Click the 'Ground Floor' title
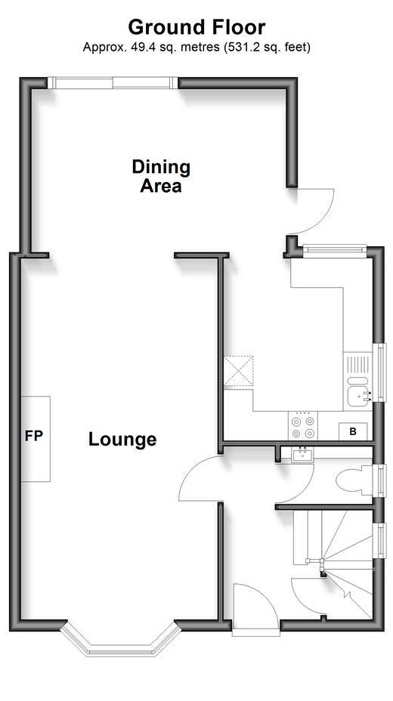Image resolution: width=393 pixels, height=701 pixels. point(196,28)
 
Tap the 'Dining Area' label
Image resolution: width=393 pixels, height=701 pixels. point(161,176)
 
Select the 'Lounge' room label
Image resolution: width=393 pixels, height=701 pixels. point(122,439)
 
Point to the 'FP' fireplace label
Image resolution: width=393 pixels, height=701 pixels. point(33,436)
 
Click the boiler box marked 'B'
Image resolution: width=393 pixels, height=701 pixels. point(353,431)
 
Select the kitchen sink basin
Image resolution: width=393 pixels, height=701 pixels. point(359,396)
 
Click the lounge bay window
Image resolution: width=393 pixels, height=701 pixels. point(121,639)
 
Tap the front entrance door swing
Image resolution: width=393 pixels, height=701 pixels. point(255,608)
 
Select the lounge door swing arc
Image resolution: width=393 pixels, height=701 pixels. point(200,478)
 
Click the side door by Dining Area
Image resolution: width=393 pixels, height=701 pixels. point(311,211)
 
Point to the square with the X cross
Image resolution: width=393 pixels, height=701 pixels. point(238,371)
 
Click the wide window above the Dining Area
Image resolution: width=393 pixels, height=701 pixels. point(113,82)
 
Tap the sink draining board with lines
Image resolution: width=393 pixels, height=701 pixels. point(357,364)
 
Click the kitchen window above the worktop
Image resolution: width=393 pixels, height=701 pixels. point(335,251)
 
